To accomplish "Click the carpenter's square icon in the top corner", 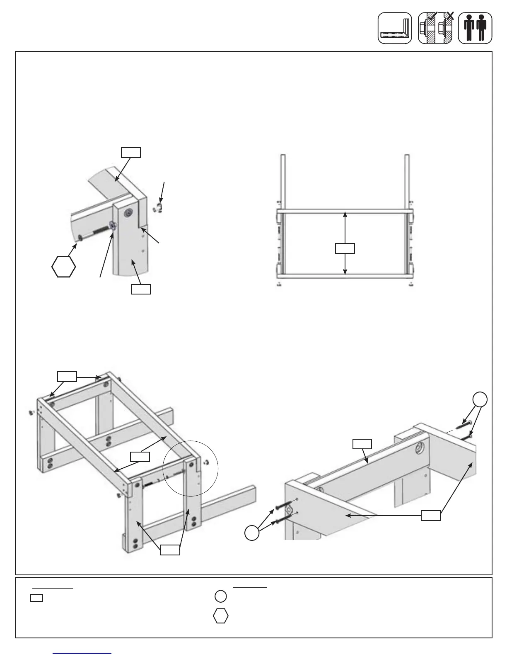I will (394, 28).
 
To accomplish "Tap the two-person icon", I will (475, 28).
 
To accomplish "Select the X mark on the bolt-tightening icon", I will (451, 16).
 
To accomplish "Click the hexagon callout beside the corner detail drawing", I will (64, 266).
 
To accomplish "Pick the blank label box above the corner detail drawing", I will (130, 152).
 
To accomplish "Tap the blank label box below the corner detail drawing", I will (140, 289).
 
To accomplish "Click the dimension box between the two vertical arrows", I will (345, 248).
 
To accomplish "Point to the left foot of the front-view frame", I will (280, 284).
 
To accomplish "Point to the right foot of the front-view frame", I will (410, 284).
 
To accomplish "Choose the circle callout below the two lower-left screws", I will (252, 533).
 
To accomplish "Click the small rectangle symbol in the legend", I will (37, 598).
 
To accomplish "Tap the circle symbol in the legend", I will (221, 596).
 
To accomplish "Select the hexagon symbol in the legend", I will (221, 616).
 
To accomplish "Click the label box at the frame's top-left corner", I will (67, 376).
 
